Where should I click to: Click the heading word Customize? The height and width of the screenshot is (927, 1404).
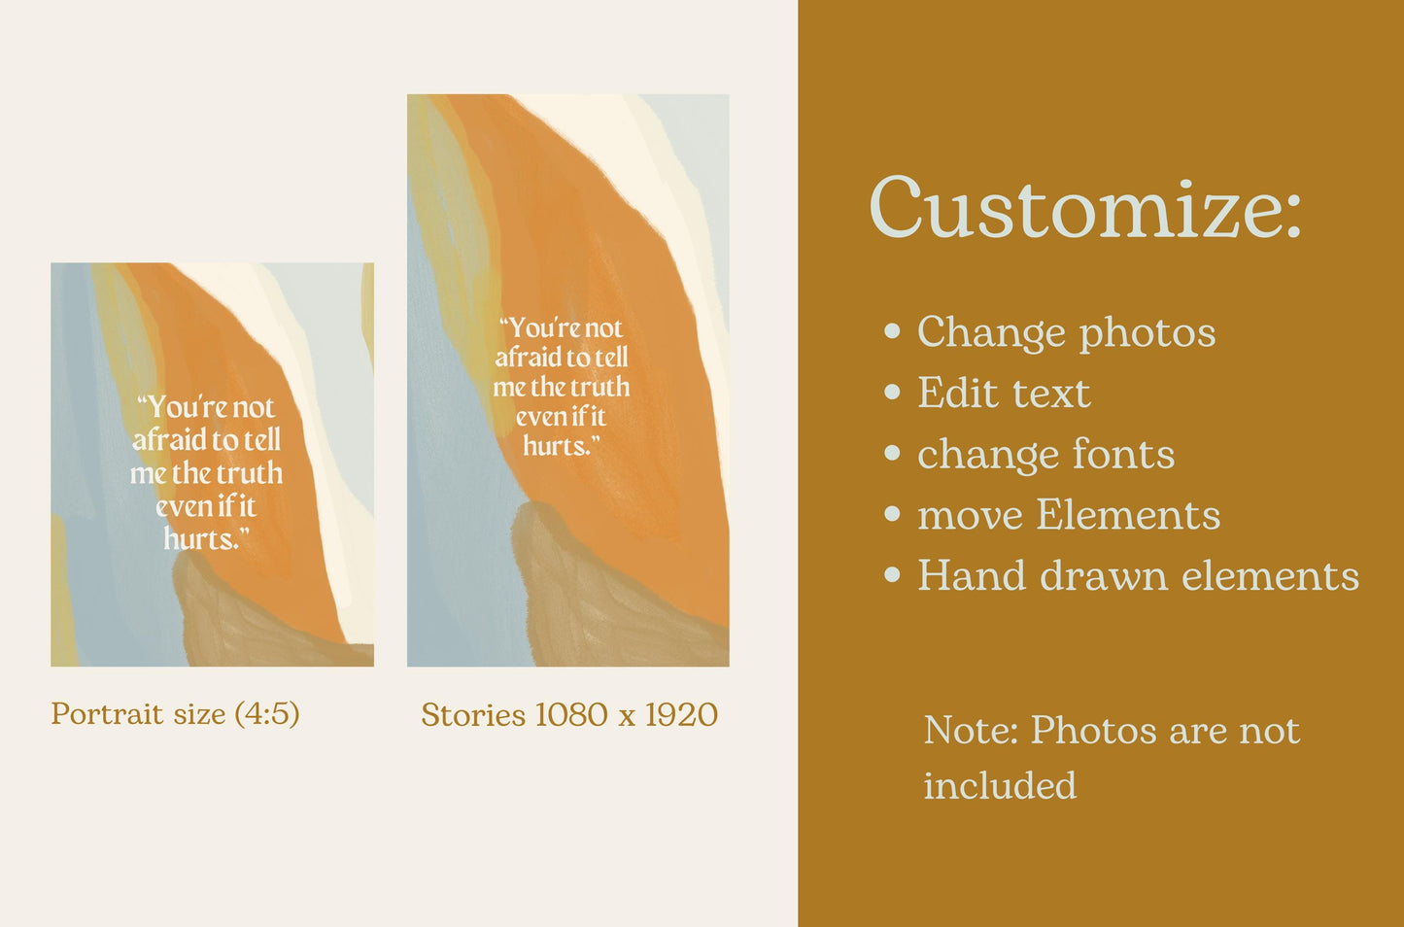coord(1084,208)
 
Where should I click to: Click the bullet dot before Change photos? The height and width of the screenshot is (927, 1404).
coord(892,332)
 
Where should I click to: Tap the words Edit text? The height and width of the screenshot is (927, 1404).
coord(1004,394)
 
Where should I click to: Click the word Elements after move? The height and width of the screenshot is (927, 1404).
coord(1128,515)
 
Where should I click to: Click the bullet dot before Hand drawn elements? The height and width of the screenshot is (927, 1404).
coord(892,575)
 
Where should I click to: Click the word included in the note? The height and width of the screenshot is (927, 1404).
coord(1000,785)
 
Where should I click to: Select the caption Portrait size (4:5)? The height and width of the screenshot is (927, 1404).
coord(175,714)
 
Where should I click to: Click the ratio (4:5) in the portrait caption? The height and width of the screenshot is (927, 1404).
coord(266,714)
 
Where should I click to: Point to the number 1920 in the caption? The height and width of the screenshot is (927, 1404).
coord(681,715)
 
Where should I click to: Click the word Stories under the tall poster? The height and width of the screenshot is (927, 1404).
coord(473,715)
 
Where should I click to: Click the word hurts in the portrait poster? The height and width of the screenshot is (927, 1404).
coord(199,538)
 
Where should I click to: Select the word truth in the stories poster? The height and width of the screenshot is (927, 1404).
coord(599,387)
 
